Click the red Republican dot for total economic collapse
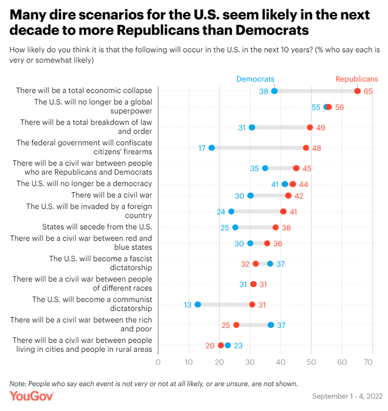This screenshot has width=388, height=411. click(x=357, y=91)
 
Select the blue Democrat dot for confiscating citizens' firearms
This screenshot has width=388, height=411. click(x=211, y=147)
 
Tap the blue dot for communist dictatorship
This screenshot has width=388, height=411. click(x=198, y=305)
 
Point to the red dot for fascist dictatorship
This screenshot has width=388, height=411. click(x=256, y=264)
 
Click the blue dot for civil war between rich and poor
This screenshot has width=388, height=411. click(x=271, y=325)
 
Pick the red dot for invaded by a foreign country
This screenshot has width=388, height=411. click(x=283, y=211)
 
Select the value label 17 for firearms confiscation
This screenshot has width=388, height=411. click(x=202, y=147)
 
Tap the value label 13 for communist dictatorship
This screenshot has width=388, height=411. click(x=188, y=305)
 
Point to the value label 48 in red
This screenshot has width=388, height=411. click(x=317, y=147)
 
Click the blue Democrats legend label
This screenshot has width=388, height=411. click(x=255, y=79)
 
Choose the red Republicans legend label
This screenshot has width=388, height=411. click(x=357, y=79)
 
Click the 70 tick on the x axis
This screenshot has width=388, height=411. click(x=368, y=362)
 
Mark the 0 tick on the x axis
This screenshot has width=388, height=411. click(x=158, y=362)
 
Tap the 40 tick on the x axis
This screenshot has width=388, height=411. click(x=281, y=362)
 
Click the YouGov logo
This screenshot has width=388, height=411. click(x=32, y=396)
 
